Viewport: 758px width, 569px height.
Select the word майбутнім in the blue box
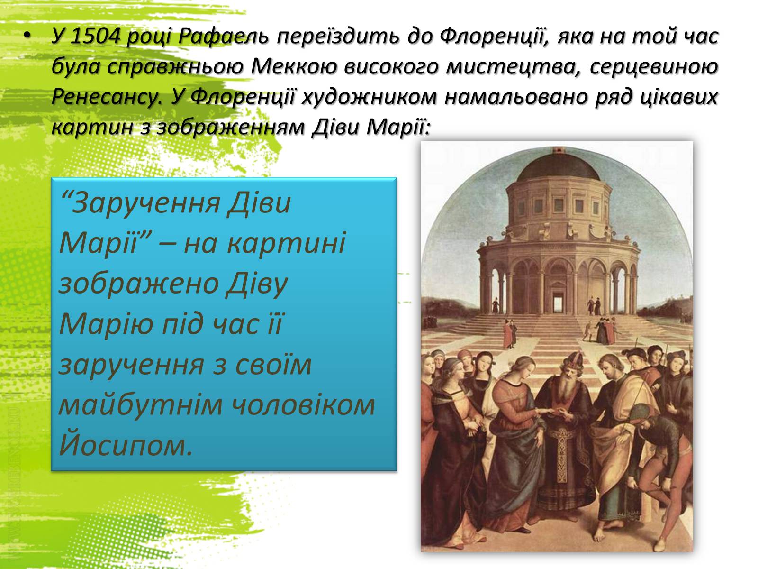click(x=140, y=404)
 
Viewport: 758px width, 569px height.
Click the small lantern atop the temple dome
click(x=557, y=151)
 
